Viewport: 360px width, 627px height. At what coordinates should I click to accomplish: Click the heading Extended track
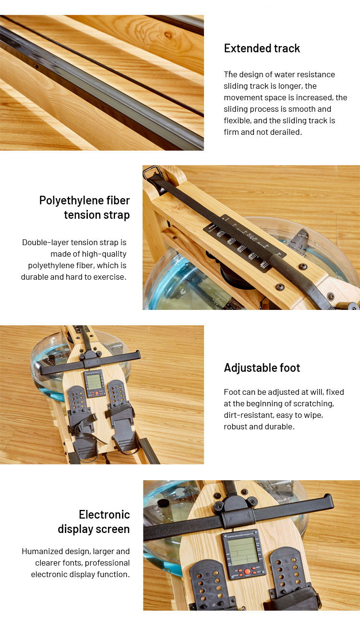[x=262, y=48]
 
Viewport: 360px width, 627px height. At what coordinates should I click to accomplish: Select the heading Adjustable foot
[x=262, y=368]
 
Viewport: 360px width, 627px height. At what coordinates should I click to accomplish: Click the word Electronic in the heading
[x=104, y=515]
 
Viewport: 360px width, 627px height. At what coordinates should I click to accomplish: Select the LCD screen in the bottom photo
[x=244, y=551]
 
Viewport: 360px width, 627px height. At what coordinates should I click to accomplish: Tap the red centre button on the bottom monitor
[x=247, y=572]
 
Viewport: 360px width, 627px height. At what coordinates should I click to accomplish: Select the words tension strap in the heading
[x=96, y=215]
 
